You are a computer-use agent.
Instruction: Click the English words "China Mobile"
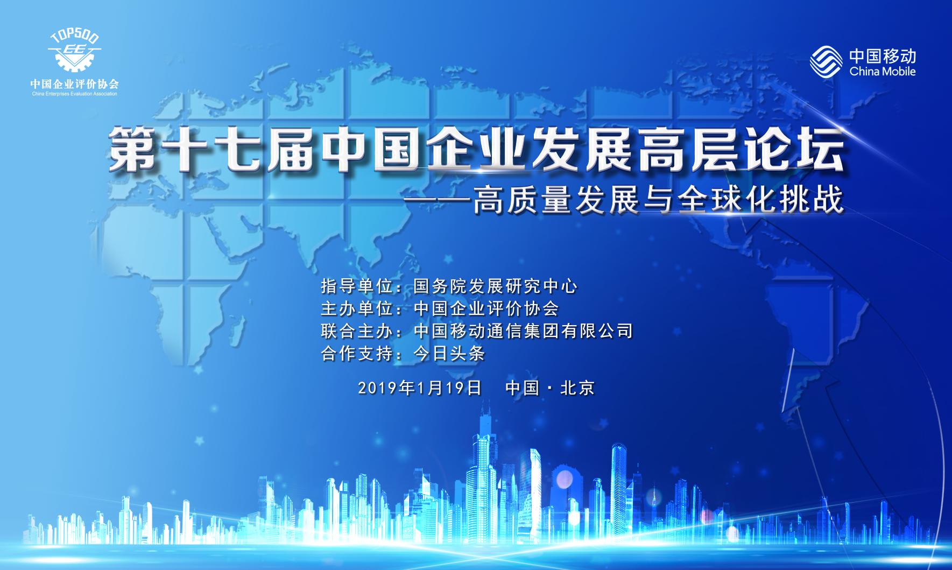click(x=883, y=71)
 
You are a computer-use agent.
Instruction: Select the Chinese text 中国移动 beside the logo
click(x=883, y=55)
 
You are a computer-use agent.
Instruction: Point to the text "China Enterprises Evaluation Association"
click(x=74, y=94)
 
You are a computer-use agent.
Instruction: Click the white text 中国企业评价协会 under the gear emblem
click(x=74, y=85)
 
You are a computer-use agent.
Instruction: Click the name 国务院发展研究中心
click(x=496, y=286)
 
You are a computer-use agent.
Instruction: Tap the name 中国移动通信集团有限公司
click(x=523, y=330)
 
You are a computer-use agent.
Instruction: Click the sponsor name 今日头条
click(x=449, y=354)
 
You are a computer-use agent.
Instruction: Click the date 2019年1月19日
click(x=419, y=388)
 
